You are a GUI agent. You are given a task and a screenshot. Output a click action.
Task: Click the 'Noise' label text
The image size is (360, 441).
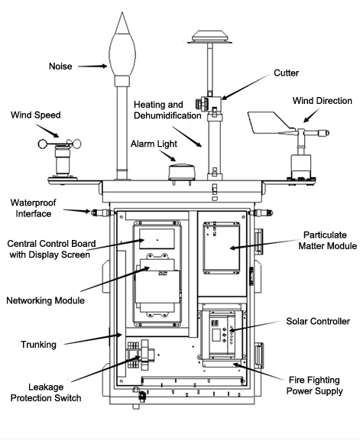(x=60, y=66)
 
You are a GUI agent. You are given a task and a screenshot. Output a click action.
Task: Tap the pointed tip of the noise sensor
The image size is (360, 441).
(x=122, y=12)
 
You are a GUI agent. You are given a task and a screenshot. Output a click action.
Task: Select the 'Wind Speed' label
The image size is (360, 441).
(x=36, y=115)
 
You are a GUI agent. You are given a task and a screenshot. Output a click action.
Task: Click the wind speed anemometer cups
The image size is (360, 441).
(x=60, y=144)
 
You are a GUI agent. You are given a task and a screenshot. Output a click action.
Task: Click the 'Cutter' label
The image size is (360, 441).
(x=287, y=73)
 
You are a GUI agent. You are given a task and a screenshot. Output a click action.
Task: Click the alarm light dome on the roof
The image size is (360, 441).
(x=181, y=172)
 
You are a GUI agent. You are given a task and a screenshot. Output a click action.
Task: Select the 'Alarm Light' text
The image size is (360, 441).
(x=154, y=144)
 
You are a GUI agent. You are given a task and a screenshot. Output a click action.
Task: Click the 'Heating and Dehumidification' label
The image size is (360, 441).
(x=167, y=110)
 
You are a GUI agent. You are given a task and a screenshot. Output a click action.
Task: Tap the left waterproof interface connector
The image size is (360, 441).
(x=101, y=212)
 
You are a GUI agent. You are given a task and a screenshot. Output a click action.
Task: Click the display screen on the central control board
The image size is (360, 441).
(x=157, y=238)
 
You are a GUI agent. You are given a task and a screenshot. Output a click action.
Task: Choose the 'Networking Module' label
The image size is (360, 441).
(x=45, y=300)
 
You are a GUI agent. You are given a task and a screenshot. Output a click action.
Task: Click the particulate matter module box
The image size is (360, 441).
(x=222, y=248)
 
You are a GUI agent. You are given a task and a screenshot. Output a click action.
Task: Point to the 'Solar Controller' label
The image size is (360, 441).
(x=318, y=322)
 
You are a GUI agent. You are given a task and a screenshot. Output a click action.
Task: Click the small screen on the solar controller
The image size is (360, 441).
(x=216, y=336)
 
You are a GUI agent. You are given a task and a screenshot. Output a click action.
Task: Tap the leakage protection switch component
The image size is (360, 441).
(x=141, y=355)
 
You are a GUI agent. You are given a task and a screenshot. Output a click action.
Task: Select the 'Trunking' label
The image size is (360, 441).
(x=38, y=345)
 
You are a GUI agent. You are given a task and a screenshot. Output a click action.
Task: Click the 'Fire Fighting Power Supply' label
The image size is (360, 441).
(x=314, y=386)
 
